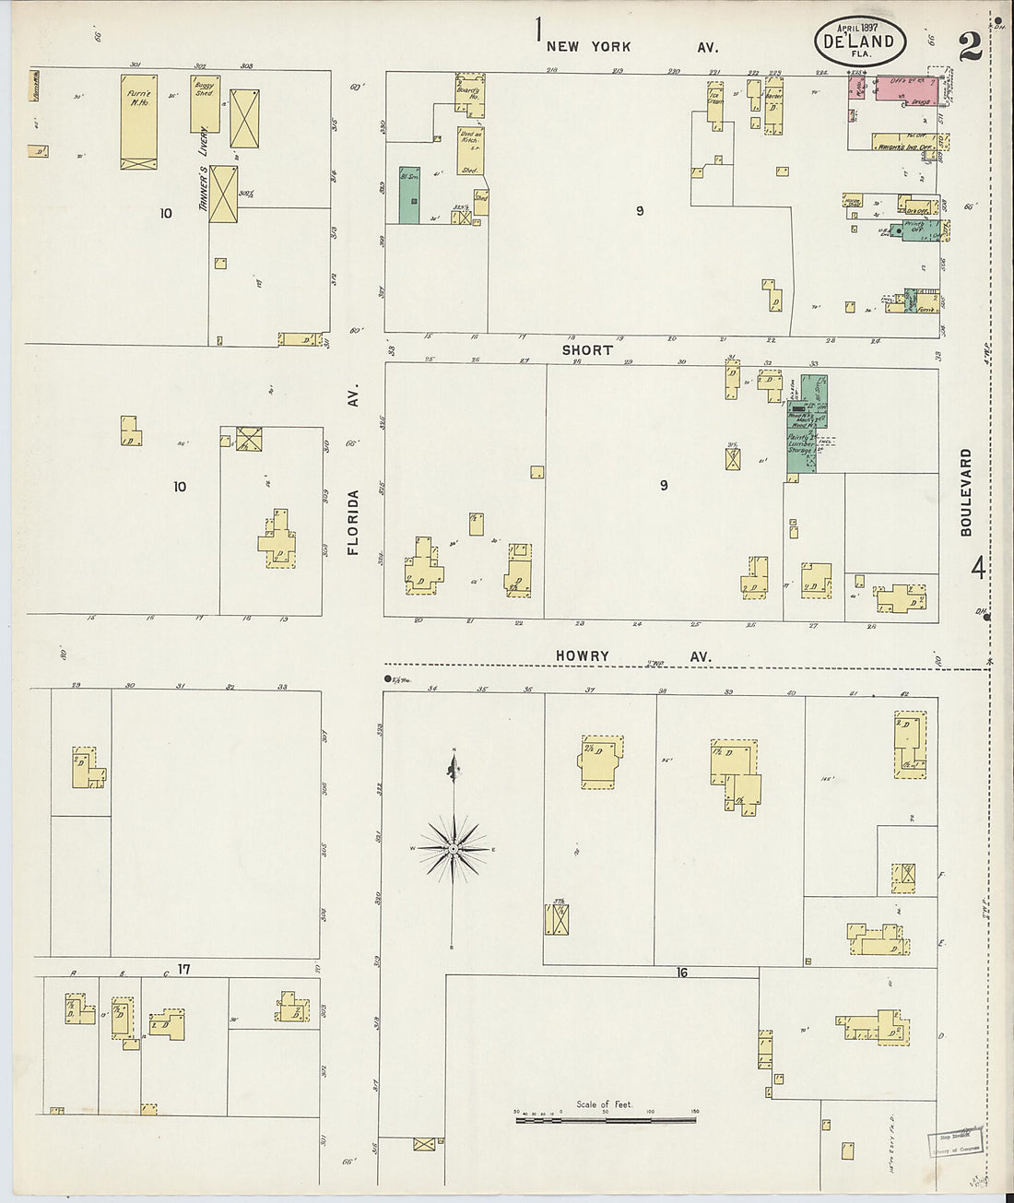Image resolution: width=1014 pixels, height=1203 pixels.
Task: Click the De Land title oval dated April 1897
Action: pyautogui.click(x=859, y=41)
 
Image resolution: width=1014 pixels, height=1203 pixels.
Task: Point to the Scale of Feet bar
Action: pyautogui.click(x=605, y=1119)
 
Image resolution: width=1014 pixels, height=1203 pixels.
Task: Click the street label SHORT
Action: pyautogui.click(x=586, y=350)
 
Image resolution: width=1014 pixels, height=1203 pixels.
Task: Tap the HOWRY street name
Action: pyautogui.click(x=582, y=656)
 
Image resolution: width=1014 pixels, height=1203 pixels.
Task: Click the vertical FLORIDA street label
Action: pyautogui.click(x=352, y=522)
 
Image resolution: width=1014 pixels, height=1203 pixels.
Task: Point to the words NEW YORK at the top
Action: pyautogui.click(x=588, y=46)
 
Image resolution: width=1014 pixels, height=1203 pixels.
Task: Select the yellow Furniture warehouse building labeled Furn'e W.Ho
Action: pyautogui.click(x=138, y=121)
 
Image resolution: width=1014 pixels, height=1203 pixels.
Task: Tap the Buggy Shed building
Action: pyautogui.click(x=204, y=103)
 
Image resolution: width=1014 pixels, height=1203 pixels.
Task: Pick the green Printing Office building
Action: pyautogui.click(x=916, y=230)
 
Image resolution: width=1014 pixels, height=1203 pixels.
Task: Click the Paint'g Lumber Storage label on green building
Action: pyautogui.click(x=801, y=443)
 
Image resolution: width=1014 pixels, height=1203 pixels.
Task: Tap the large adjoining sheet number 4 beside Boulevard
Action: pyautogui.click(x=977, y=568)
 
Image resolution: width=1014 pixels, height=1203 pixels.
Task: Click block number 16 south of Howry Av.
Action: pyautogui.click(x=681, y=973)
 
